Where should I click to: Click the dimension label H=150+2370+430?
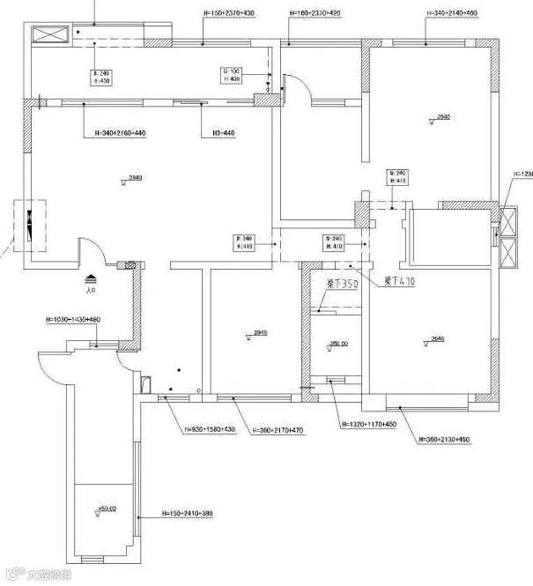228,14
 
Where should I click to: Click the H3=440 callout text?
223,133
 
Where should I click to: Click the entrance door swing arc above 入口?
92,250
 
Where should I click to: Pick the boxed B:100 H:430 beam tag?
233,75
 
